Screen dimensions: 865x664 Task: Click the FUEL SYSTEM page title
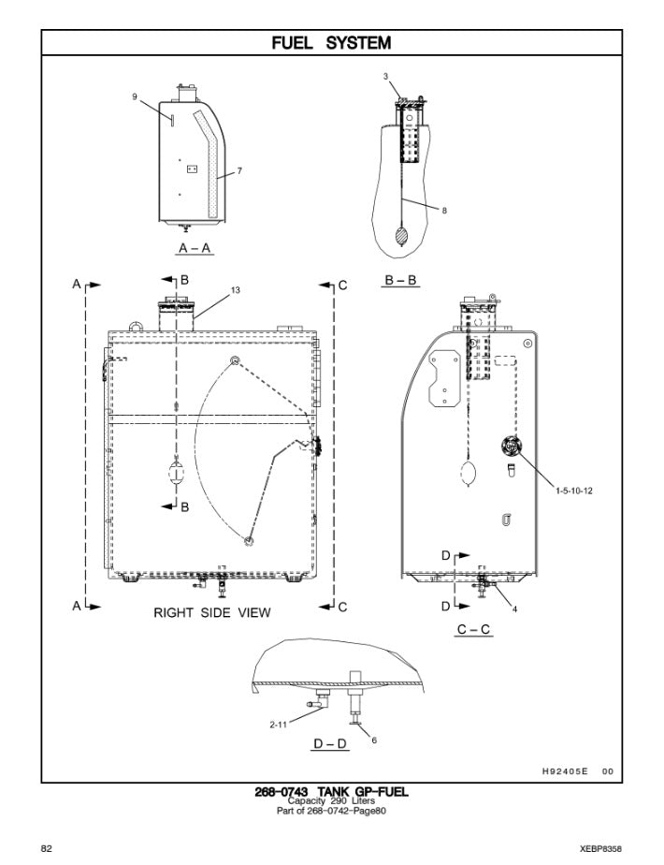[x=331, y=42]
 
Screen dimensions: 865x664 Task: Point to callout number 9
[x=135, y=95]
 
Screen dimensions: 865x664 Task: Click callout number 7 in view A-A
[x=239, y=171]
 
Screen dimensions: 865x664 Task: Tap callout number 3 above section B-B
[x=384, y=75]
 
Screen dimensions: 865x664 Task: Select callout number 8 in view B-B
[x=444, y=211]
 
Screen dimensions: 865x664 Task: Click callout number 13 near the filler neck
[x=236, y=290]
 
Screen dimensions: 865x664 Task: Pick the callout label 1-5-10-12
[x=574, y=490]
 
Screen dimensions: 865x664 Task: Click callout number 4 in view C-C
[x=514, y=609]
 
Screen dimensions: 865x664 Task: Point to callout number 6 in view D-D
[x=374, y=740]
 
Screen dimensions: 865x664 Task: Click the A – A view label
[x=195, y=248]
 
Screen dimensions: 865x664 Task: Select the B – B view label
[x=401, y=279]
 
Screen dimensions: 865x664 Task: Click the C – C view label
[x=474, y=630]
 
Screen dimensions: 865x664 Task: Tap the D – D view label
[x=332, y=744]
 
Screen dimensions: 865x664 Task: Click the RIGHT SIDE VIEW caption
[x=212, y=613]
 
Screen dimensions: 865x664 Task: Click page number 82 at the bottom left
[x=46, y=847]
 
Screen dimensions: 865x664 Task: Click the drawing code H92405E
[x=563, y=771]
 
